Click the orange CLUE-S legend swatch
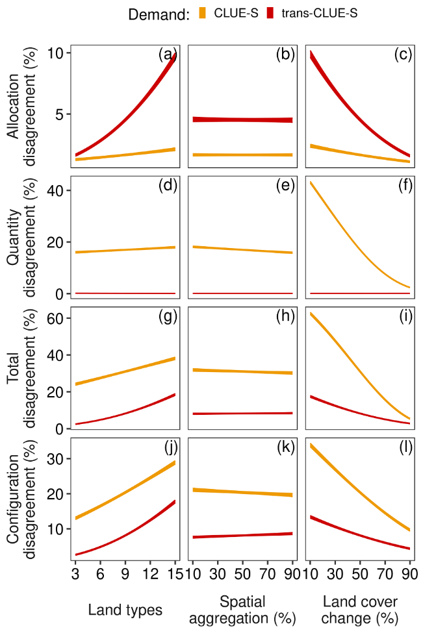pyautogui.click(x=202, y=14)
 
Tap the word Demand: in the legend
pyautogui.click(x=159, y=14)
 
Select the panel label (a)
pyautogui.click(x=168, y=55)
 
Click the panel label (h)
pyautogui.click(x=286, y=317)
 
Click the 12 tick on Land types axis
pyautogui.click(x=150, y=575)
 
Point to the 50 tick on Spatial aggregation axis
pyautogui.click(x=242, y=575)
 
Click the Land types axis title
pyautogui.click(x=125, y=610)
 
